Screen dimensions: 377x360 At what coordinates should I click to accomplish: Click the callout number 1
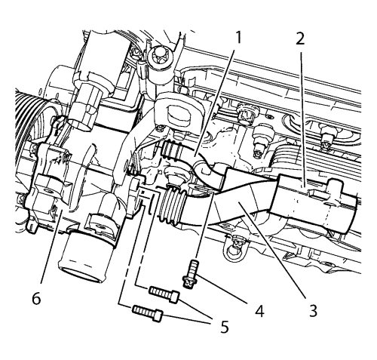point(238,37)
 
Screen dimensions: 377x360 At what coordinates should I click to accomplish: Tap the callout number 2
point(300,38)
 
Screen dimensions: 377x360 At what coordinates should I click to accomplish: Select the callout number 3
point(313,310)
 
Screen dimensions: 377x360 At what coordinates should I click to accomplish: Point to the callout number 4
point(259,311)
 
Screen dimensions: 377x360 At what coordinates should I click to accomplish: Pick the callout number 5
point(225,328)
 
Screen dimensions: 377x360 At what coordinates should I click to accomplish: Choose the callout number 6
point(37,299)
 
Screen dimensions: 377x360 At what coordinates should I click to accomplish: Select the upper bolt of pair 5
point(164,294)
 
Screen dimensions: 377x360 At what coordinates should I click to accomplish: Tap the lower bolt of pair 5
point(148,313)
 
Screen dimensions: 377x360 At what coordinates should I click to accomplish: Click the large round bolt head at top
point(158,57)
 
